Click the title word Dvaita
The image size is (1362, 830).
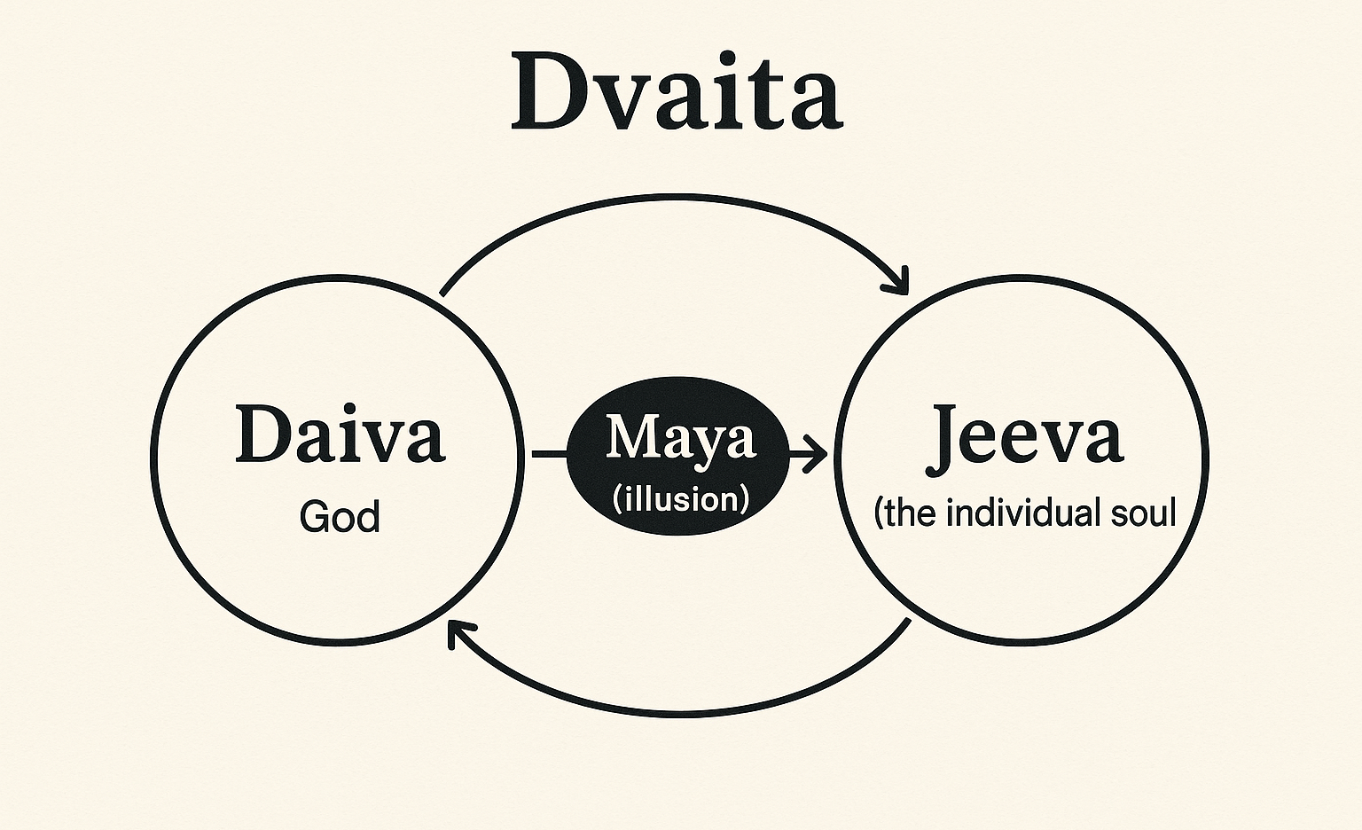[x=677, y=92]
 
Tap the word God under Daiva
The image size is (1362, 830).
[x=340, y=516]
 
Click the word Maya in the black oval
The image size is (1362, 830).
[x=681, y=439]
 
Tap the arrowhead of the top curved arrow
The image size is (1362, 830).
[x=898, y=282]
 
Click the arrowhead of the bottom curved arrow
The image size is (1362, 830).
[x=458, y=632]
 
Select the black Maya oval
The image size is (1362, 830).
[x=678, y=456]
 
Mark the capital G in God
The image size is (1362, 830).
[x=313, y=517]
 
